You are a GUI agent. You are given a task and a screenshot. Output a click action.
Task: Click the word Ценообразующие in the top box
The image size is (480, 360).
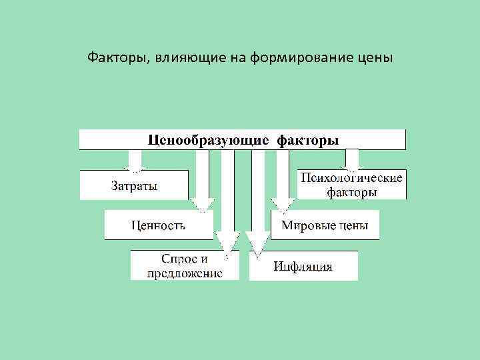209,141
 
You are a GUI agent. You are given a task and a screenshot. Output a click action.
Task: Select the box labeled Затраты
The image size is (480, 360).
134,185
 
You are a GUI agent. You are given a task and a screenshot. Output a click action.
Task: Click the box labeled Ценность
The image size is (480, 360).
158,225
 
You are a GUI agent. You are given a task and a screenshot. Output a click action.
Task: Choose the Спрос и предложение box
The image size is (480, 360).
185,265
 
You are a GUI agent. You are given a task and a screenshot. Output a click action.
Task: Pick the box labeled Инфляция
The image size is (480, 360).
303,267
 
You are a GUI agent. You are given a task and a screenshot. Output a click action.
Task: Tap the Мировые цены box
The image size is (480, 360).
325,225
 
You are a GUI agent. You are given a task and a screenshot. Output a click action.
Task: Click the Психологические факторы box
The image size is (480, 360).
352,185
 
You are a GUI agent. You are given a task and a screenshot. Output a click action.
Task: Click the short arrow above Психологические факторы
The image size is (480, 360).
352,159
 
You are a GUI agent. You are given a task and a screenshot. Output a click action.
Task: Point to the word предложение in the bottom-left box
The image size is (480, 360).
185,272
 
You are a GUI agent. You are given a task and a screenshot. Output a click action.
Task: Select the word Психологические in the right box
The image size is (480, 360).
352,178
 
